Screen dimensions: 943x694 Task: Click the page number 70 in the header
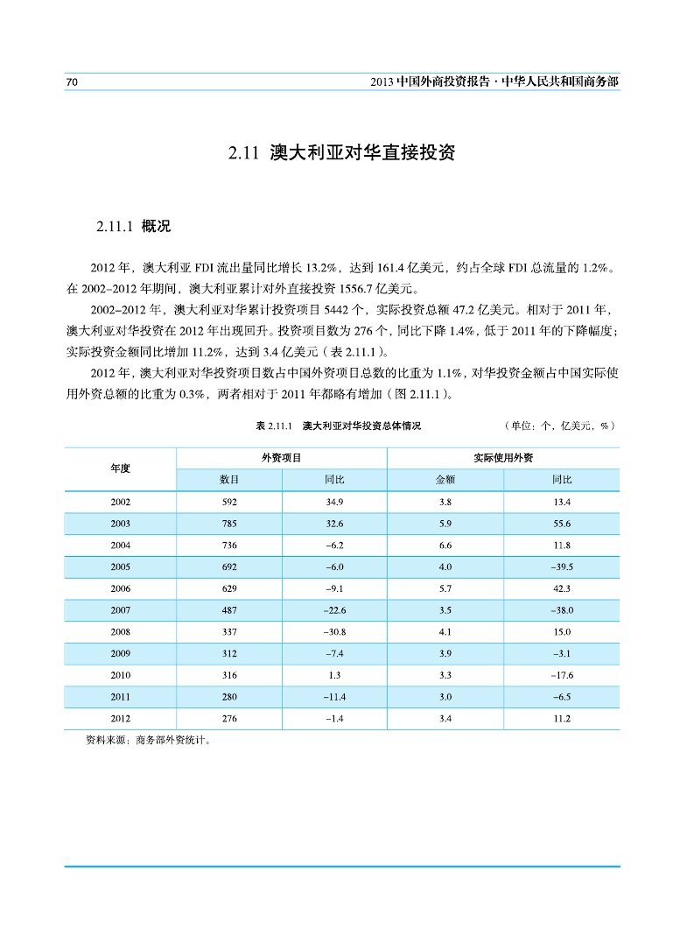[73, 81]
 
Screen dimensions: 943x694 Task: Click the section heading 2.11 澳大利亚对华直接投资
[342, 154]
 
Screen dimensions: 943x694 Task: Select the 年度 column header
[121, 468]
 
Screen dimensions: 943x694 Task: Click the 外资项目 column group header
[282, 458]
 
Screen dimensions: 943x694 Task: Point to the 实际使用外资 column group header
[503, 458]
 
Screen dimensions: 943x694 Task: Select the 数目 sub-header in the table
[229, 480]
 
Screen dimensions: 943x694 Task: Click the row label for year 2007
[121, 610]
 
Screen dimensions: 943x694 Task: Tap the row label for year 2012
[121, 719]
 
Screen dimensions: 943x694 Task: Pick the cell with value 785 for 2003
[229, 524]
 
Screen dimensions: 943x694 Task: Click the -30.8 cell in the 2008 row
[334, 632]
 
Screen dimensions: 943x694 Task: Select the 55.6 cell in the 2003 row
[562, 524]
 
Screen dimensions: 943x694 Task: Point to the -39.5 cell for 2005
[562, 567]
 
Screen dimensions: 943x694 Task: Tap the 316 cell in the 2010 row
[229, 676]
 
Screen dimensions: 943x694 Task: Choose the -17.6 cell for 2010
[562, 676]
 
